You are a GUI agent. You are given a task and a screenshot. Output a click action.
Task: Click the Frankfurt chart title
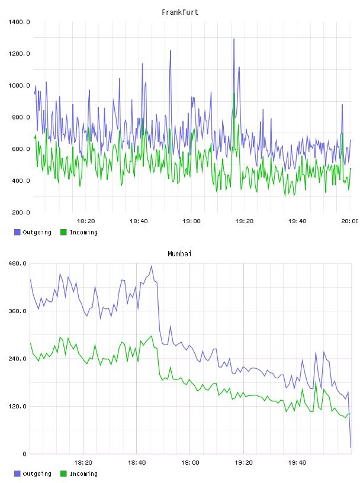pos(180,12)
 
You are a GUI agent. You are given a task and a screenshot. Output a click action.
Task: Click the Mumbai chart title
pos(179,254)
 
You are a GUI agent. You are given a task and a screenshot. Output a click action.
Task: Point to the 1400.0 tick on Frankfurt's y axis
pos(19,22)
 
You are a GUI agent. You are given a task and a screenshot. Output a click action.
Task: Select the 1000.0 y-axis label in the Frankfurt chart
pos(19,85)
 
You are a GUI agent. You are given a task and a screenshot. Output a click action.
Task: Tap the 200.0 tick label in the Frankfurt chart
pos(21,212)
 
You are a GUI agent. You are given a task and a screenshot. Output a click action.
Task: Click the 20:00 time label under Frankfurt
pos(349,221)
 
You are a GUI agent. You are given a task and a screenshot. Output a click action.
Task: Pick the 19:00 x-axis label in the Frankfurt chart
pos(191,221)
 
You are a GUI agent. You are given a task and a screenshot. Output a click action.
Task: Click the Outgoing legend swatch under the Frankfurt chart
pos(17,232)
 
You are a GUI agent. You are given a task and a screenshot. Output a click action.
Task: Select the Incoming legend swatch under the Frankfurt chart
pos(63,232)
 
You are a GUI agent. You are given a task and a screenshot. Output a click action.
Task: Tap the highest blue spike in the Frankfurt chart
pos(234,39)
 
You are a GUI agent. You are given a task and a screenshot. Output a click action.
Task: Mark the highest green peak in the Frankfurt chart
pos(234,94)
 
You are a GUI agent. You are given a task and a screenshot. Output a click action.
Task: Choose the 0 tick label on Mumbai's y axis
pos(25,454)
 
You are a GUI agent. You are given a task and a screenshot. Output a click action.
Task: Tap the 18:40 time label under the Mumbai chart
pos(137,462)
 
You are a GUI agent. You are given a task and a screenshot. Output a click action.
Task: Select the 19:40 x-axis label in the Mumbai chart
pos(297,462)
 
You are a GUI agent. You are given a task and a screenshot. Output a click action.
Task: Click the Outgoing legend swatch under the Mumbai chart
pos(17,474)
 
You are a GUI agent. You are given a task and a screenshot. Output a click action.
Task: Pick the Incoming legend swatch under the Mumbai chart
pos(63,474)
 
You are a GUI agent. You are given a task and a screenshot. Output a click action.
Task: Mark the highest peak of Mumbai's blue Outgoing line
pos(152,266)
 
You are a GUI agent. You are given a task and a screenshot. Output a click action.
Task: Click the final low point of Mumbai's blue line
pos(351,447)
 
